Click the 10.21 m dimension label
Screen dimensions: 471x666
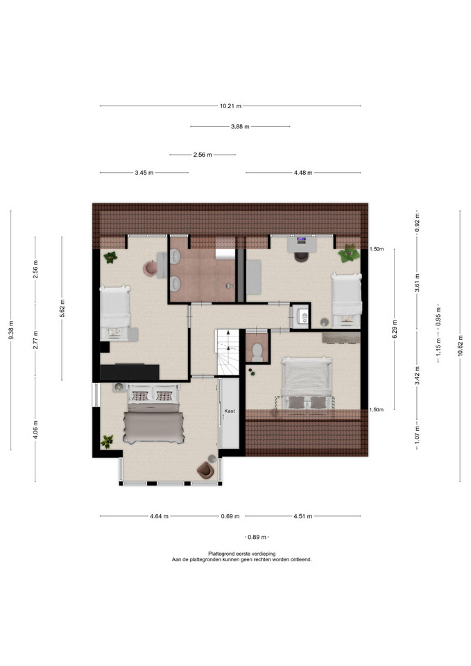[230, 106]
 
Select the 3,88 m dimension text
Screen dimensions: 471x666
[240, 126]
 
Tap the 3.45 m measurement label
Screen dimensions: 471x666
[144, 173]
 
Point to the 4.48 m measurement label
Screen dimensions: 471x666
[303, 173]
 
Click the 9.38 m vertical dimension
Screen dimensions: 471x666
[12, 330]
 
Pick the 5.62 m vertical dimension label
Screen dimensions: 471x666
[62, 308]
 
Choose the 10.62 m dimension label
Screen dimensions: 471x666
[461, 346]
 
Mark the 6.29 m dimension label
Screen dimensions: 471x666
[395, 329]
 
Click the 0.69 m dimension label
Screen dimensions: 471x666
[230, 516]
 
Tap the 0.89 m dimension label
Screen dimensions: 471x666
[257, 537]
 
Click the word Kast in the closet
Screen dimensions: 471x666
[230, 411]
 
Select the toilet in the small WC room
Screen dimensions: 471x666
[257, 352]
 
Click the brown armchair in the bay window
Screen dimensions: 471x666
[205, 470]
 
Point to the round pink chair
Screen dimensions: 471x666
[151, 268]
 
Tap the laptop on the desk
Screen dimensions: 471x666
[302, 241]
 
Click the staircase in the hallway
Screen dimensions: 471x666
[228, 352]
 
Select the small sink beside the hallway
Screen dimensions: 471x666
[303, 316]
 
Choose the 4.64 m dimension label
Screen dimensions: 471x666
[160, 516]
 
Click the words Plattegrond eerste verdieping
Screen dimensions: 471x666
[241, 554]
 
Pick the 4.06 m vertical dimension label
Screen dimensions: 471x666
[35, 430]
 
